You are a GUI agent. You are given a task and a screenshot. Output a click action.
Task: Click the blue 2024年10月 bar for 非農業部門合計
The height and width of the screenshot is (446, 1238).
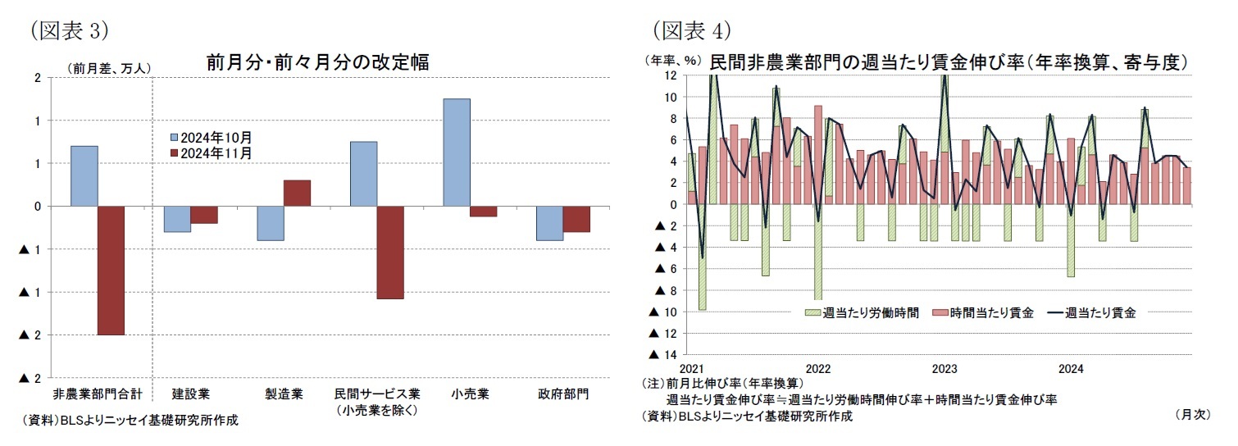tap(84, 176)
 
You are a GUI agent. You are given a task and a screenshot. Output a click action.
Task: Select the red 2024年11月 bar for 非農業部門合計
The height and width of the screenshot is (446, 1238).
tap(111, 270)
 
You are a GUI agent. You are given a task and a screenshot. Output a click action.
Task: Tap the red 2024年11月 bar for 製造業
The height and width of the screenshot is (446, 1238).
tap(297, 193)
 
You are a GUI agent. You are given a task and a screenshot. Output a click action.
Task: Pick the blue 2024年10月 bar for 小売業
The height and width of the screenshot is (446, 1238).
tap(456, 152)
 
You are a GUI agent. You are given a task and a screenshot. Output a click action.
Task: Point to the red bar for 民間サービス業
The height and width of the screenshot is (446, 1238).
tap(389, 252)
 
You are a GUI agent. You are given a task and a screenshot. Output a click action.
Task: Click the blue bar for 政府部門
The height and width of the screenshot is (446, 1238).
tap(549, 223)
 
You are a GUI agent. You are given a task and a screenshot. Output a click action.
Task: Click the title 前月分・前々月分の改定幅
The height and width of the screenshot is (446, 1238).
tap(317, 62)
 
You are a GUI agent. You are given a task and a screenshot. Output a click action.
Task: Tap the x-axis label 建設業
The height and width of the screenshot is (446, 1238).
tap(190, 394)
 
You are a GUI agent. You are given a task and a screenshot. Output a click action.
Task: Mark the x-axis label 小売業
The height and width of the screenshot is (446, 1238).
tap(470, 394)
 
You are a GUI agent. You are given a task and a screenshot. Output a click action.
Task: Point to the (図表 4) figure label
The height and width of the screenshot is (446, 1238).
tap(690, 30)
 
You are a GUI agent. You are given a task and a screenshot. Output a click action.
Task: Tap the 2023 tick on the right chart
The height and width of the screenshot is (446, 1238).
tap(944, 369)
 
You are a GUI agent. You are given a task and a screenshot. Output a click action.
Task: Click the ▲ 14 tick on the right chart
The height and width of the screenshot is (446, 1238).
tap(663, 355)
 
